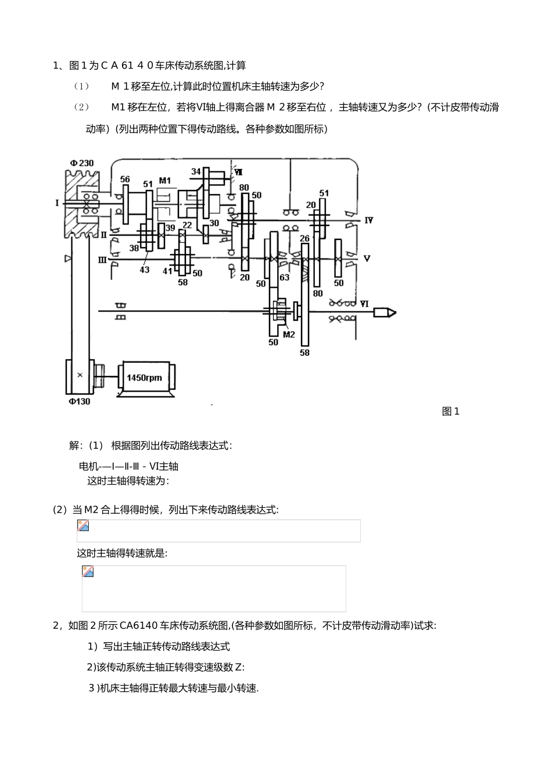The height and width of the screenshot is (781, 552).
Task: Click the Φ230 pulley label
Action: (81, 163)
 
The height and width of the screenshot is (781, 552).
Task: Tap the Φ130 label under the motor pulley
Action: (79, 402)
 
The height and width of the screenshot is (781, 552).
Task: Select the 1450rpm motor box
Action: (145, 378)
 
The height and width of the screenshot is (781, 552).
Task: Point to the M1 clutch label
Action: (164, 180)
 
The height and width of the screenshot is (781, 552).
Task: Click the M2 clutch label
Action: (289, 334)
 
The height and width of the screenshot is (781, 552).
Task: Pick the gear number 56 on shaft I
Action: (125, 180)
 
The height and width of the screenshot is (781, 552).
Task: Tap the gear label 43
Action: (144, 270)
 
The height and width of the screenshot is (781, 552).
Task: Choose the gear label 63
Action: (285, 277)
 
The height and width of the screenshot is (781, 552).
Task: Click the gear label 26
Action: (304, 238)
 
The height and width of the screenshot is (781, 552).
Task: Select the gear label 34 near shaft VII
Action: (196, 171)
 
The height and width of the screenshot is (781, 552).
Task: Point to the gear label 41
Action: (167, 271)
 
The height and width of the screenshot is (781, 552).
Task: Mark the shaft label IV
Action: (368, 220)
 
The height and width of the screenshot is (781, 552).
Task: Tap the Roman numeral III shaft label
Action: (102, 260)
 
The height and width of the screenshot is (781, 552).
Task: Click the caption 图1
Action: (450, 411)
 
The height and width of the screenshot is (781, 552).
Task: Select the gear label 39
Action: (170, 228)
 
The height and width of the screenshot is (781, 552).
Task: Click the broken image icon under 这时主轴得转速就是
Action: (88, 571)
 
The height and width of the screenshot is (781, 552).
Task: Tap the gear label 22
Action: (187, 225)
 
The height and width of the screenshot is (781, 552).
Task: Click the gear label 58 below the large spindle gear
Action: (304, 353)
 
